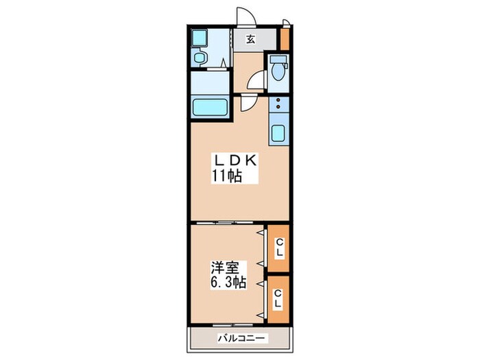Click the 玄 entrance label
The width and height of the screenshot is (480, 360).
click(x=251, y=40)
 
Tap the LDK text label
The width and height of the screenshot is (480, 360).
click(x=235, y=160)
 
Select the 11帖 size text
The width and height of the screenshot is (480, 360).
click(x=228, y=176)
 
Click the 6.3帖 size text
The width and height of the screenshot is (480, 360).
click(x=228, y=283)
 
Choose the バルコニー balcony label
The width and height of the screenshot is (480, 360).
click(x=241, y=338)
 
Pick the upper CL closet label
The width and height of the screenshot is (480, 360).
click(x=279, y=248)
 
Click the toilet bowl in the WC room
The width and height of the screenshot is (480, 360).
click(x=278, y=71)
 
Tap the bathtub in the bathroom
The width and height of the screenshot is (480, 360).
click(x=209, y=107)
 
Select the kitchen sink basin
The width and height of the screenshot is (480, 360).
click(x=278, y=134)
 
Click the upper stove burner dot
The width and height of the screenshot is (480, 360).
click(x=278, y=100)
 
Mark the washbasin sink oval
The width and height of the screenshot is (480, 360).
click(x=200, y=57)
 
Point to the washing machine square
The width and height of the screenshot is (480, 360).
click(x=199, y=37)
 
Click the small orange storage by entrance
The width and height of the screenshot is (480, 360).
click(x=285, y=39)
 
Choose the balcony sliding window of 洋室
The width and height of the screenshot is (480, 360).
click(x=233, y=324)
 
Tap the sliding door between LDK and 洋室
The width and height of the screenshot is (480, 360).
click(x=225, y=223)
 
